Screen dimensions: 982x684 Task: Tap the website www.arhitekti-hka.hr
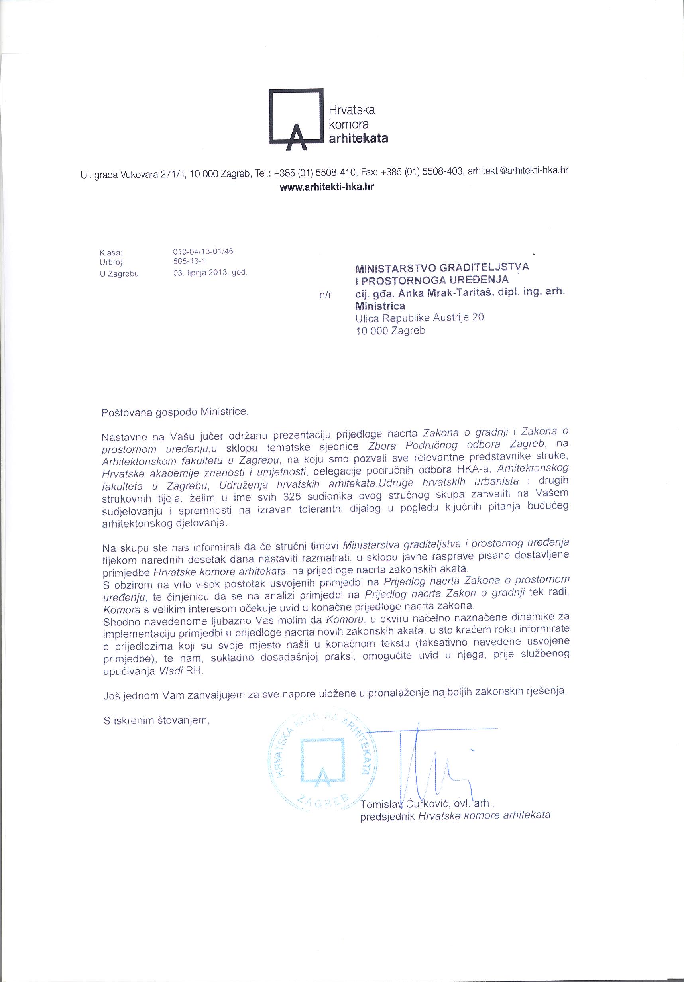click(326, 187)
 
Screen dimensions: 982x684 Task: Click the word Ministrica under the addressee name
click(380, 306)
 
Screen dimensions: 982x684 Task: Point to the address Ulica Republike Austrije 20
click(420, 318)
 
